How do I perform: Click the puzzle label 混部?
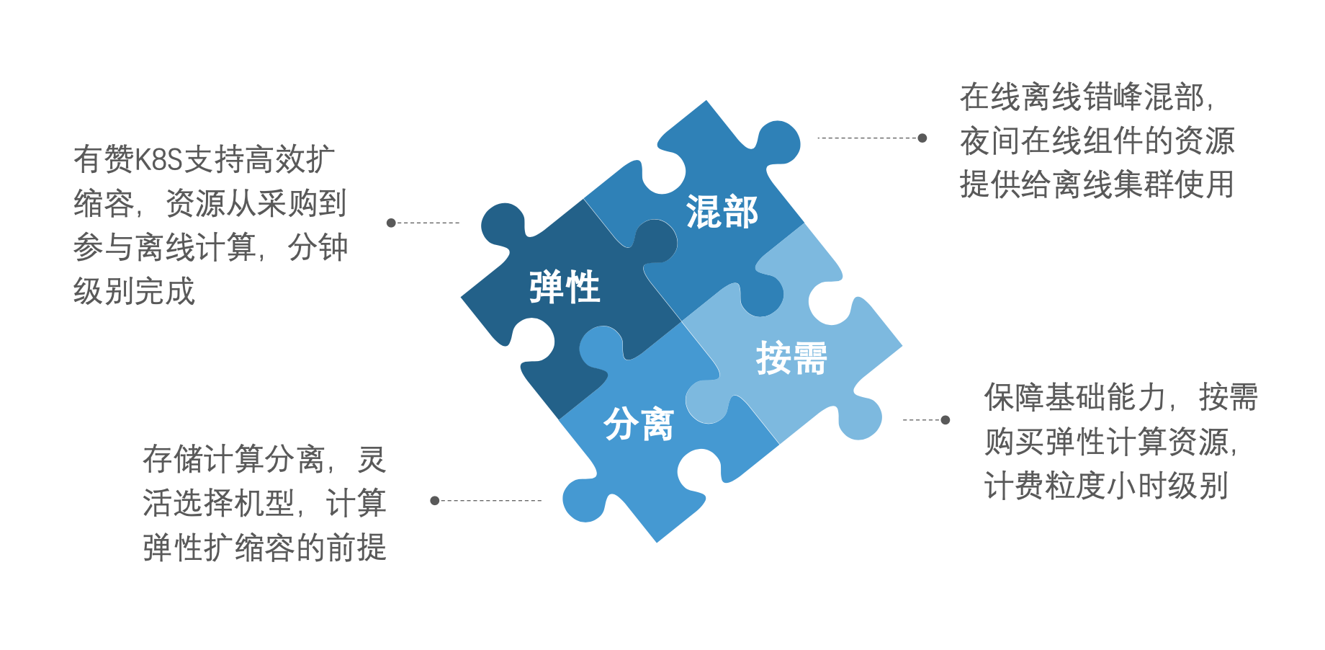(x=722, y=212)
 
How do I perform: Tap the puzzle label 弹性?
(x=565, y=287)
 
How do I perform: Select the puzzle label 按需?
(x=791, y=358)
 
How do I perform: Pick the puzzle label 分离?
(x=639, y=424)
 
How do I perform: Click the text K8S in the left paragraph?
(x=158, y=159)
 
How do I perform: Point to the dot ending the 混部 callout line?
(x=922, y=138)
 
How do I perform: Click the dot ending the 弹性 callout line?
(x=391, y=223)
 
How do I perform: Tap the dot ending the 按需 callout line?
(x=946, y=419)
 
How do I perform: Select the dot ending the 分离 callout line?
(x=434, y=500)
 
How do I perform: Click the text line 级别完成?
(x=135, y=292)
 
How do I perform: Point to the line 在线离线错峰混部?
(x=1087, y=97)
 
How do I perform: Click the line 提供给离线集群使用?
(x=1097, y=184)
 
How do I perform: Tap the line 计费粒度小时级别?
(x=1106, y=486)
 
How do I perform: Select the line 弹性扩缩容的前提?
(x=264, y=548)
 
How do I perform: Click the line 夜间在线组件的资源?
(x=1097, y=141)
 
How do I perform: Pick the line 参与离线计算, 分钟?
(x=210, y=248)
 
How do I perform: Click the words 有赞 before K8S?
(x=104, y=159)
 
